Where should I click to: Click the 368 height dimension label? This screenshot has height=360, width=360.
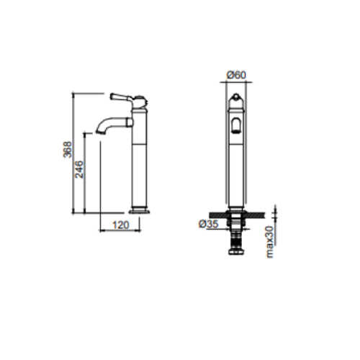point(68,150)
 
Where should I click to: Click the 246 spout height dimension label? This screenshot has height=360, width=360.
point(79,169)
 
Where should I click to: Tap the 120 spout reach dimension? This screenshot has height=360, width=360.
point(121,225)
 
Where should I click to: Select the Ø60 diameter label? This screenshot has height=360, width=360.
point(236,75)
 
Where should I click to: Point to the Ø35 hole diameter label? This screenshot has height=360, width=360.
point(209,224)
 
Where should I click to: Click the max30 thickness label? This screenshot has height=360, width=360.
point(270,242)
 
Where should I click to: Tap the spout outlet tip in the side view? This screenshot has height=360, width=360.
point(100,132)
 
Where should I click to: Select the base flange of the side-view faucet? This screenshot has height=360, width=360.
point(140,212)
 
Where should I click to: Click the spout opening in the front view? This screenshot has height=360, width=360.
point(236,126)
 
